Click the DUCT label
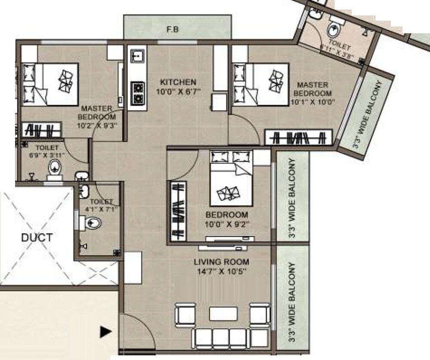pyautogui.click(x=38, y=237)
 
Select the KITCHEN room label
pyautogui.click(x=178, y=82)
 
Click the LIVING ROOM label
pyautogui.click(x=221, y=262)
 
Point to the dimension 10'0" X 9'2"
pyautogui.click(x=227, y=223)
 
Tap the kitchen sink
pyautogui.click(x=137, y=56)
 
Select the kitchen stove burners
pyautogui.click(x=138, y=93)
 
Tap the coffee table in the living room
pyautogui.click(x=223, y=313)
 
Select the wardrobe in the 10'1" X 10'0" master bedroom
pyautogui.click(x=298, y=138)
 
